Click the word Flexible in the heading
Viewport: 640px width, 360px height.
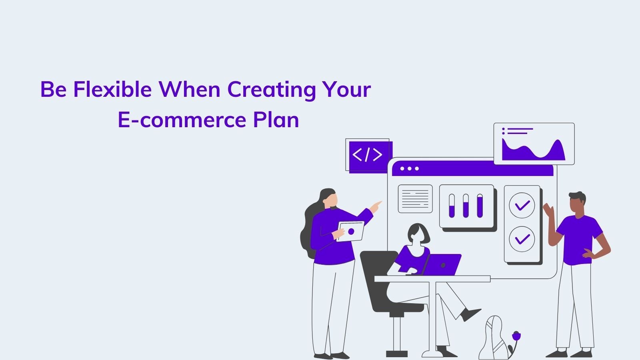[x=112, y=89]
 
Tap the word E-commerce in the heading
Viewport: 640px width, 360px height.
[x=182, y=120]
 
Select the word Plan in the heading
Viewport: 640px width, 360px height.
[x=276, y=120]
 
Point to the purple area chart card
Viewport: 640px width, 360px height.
[x=534, y=144]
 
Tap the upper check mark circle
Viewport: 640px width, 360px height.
[x=522, y=206]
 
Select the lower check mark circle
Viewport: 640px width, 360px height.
[x=522, y=239]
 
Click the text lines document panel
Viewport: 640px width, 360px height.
[x=415, y=199]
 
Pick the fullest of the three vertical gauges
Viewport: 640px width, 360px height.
[x=480, y=206]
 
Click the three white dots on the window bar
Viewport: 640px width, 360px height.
[x=410, y=168]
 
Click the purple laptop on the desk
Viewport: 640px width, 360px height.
[x=442, y=265]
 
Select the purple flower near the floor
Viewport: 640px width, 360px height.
[x=516, y=336]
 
